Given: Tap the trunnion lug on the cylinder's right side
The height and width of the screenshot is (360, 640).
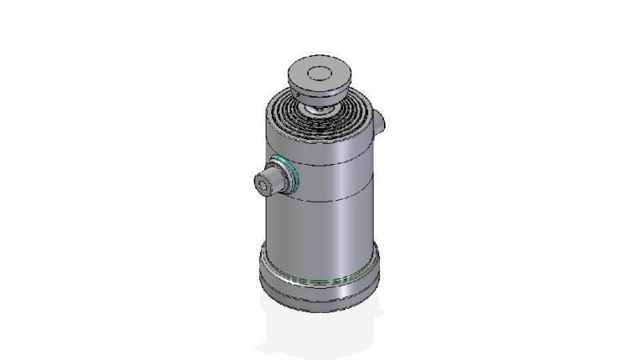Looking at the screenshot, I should (x=378, y=122).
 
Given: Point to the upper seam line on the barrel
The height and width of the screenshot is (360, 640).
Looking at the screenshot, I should (x=336, y=163).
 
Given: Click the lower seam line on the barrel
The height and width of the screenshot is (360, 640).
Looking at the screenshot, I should (x=336, y=198).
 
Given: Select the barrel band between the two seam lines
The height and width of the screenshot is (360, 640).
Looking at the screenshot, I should (x=336, y=181).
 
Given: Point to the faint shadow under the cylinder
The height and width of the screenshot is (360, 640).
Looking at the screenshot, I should (x=320, y=336).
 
